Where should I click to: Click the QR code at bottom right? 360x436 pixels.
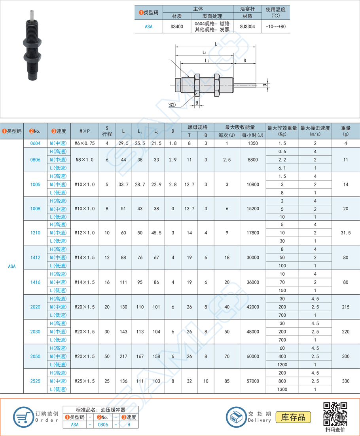pos(335,413)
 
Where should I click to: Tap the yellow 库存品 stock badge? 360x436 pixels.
pos(293,417)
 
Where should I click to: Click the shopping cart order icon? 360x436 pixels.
pos(23,417)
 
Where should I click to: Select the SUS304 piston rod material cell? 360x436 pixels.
pos(248,27)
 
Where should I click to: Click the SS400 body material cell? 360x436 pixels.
pos(177,27)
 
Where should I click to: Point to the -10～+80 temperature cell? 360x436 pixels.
pos(276,27)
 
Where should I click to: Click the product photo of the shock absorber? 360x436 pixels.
pos(30,44)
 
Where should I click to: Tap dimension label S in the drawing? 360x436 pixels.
pos(245,61)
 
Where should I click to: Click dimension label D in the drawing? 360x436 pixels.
pos(265,85)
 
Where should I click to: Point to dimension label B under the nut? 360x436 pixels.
pos(197,103)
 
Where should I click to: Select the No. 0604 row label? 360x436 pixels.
pos(35,143)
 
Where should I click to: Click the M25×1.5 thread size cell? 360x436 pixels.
pos(85,381)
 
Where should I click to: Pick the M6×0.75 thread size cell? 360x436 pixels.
pos(85,143)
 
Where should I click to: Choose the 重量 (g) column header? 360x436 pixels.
pos(346,131)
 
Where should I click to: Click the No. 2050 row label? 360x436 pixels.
pos(35,356)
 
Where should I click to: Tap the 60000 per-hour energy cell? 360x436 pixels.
pos(252,356)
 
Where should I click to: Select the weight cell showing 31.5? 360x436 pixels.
pos(346,233)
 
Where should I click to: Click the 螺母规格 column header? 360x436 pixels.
pos(197,127)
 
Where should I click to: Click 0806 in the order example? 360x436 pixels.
pos(103,425)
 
